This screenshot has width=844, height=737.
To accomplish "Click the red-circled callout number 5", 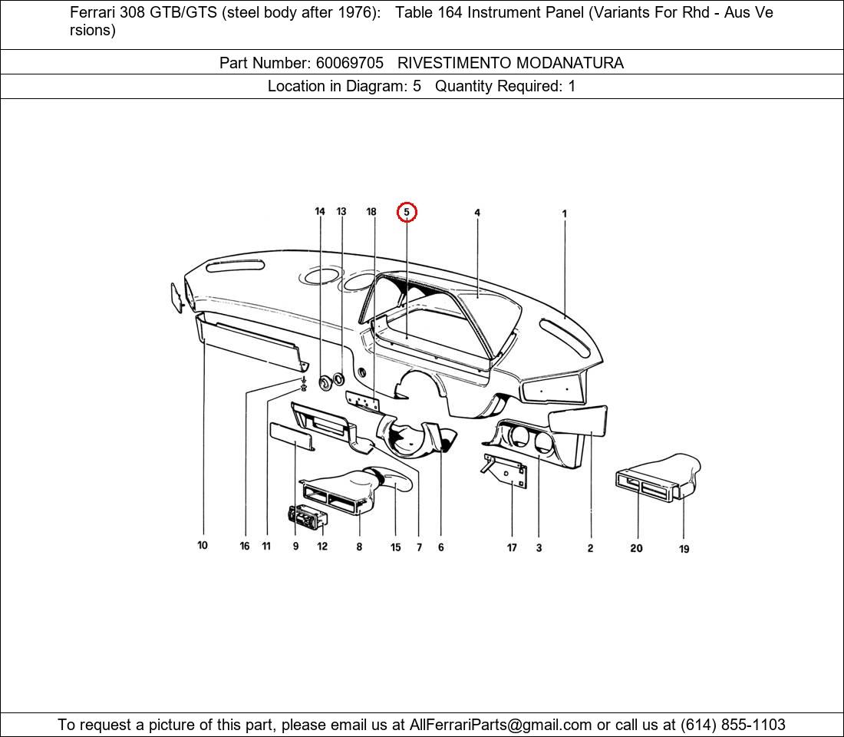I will [407, 212].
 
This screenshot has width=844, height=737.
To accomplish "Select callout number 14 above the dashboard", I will [320, 212].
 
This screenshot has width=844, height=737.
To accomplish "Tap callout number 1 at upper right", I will [565, 214].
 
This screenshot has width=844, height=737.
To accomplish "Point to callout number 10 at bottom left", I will [203, 546].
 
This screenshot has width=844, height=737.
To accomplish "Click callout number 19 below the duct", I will [684, 549].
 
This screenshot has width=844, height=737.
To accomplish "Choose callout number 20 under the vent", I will [636, 548].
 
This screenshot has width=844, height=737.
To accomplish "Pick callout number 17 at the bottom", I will [512, 547].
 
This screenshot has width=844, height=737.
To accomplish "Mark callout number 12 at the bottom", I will [322, 547].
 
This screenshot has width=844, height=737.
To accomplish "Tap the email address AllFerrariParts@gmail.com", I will [500, 725].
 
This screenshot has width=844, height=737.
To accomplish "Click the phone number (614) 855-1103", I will [733, 725].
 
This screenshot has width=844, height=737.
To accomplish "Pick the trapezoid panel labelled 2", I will [579, 420].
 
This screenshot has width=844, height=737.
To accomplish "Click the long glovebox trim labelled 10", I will [249, 342].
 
